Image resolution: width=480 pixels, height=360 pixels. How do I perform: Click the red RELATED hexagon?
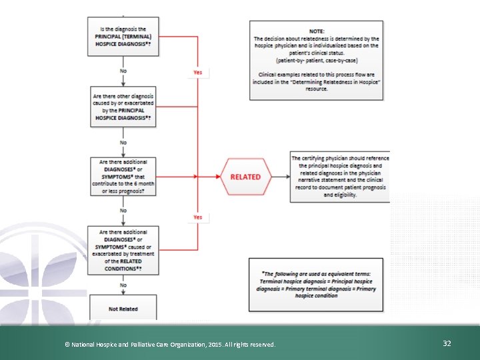pos(245,177)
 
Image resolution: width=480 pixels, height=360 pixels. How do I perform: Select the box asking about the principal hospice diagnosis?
pos(124,36)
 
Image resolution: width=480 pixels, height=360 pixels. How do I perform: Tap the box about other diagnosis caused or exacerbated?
pos(124,106)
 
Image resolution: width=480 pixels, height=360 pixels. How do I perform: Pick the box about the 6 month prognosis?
pos(124,176)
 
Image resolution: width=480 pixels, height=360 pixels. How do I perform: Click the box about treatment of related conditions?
pos(124,250)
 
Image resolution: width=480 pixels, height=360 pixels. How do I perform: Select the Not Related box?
pos(124,309)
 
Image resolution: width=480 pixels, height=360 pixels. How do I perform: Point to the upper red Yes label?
pos(198,72)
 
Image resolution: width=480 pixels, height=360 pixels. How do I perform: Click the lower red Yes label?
pos(198,217)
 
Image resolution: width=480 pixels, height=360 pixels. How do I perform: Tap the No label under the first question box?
pos(123,71)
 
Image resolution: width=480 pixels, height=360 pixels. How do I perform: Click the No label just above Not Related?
pos(123,285)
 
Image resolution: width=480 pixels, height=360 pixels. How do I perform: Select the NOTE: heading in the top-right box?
pos(317,31)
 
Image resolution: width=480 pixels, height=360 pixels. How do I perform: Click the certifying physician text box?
pos(340,177)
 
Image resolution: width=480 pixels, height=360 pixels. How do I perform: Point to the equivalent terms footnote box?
pos(316,285)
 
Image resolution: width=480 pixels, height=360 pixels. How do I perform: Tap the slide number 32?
pos(447,343)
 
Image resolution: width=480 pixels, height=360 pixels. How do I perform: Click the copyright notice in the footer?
pos(169,344)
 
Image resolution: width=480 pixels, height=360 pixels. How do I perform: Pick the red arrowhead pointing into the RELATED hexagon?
pos(217,177)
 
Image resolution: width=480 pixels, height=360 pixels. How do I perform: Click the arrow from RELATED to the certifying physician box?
pos(280,177)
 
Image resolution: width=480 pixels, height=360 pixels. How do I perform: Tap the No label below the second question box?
pos(123,142)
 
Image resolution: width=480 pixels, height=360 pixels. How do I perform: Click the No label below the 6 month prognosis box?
pos(123,211)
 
